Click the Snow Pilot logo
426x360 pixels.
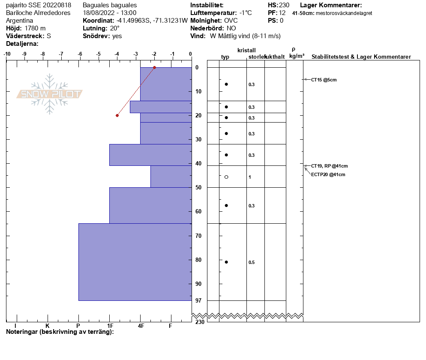tap(50, 94)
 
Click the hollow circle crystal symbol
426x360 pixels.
tap(226, 177)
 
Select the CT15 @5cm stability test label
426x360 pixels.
tap(324, 80)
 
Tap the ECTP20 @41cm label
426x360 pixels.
tap(328, 174)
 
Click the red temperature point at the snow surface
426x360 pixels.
tap(154, 68)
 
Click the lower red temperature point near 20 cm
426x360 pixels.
tap(117, 115)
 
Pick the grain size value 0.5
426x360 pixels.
tap(252, 262)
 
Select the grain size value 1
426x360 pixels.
tap(250, 177)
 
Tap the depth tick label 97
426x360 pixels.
tap(198, 301)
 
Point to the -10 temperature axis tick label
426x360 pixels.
tap(7, 54)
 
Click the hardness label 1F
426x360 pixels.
tap(110, 326)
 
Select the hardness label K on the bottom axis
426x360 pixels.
tap(48, 326)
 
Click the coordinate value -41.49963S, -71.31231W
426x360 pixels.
tap(152, 20)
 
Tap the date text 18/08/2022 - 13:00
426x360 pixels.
tap(110, 13)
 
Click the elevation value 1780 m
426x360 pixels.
tap(35, 28)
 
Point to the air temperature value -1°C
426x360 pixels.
tap(246, 13)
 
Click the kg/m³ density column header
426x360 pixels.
tap(297, 56)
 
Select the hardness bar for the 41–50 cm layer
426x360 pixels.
tap(171, 177)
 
